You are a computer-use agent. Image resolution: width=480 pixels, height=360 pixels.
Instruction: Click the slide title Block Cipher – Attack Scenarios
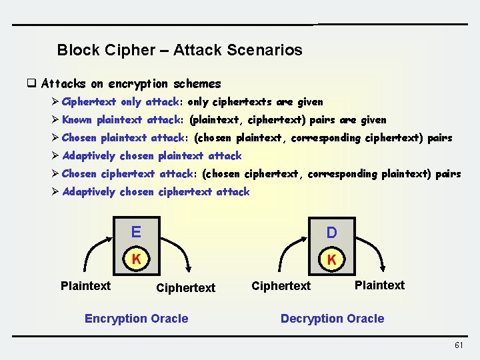[179, 50]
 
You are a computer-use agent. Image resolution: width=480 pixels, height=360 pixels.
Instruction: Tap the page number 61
[458, 345]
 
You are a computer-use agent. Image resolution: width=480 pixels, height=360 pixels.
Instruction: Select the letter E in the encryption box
[136, 232]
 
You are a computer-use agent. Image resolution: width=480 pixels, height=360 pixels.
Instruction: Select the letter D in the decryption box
[331, 233]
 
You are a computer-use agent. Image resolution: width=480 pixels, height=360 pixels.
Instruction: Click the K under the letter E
[136, 259]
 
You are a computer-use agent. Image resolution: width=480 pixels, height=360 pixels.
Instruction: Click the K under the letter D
[331, 259]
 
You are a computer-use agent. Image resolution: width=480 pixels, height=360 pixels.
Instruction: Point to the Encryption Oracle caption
[136, 319]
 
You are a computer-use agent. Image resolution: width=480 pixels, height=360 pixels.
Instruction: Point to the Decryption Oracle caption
[332, 319]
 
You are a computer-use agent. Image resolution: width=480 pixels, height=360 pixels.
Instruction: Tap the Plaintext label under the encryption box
[85, 286]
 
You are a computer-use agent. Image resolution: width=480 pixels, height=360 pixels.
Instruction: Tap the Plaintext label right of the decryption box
[379, 285]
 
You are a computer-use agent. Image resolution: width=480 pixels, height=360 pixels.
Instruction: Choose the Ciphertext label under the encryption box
[185, 288]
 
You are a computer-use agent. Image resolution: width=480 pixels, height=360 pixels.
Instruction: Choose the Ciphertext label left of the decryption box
[281, 286]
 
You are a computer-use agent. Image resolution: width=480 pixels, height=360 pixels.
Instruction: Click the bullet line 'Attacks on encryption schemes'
[131, 84]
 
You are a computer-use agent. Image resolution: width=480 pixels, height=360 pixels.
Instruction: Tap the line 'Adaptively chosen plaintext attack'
[151, 156]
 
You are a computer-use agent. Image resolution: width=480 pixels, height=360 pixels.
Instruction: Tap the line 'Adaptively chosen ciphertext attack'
[155, 192]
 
